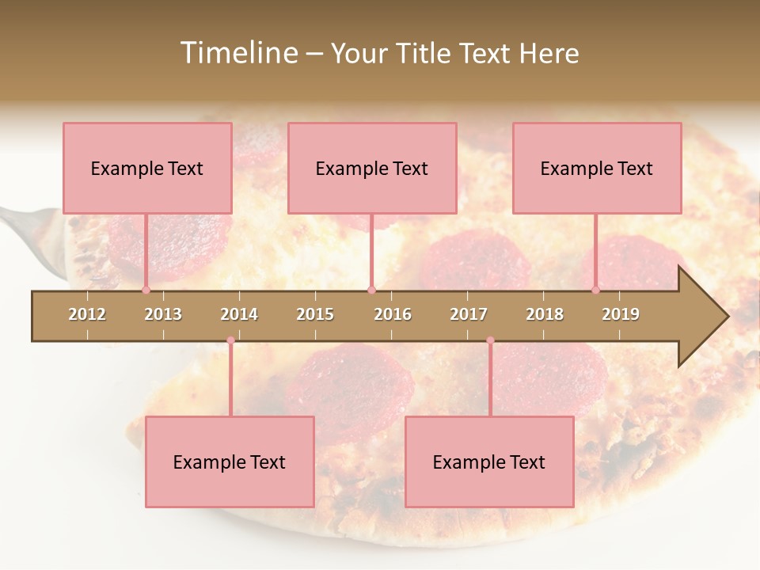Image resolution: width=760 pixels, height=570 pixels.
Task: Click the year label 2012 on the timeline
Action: pyautogui.click(x=87, y=314)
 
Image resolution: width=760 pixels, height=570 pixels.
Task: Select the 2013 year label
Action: pyautogui.click(x=163, y=314)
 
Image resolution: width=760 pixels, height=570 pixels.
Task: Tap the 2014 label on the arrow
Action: pyautogui.click(x=239, y=314)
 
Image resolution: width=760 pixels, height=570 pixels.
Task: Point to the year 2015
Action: pyautogui.click(x=315, y=314)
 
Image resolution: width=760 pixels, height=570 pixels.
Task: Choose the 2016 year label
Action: pyautogui.click(x=393, y=314)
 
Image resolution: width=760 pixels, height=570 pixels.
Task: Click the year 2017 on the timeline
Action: pyautogui.click(x=469, y=314)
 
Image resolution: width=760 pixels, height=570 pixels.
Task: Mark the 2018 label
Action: pyautogui.click(x=545, y=314)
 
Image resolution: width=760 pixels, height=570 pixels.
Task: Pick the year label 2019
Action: pyautogui.click(x=621, y=314)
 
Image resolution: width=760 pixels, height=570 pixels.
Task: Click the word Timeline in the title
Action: pyautogui.click(x=237, y=53)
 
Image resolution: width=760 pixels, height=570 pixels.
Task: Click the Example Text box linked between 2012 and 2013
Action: pyautogui.click(x=147, y=168)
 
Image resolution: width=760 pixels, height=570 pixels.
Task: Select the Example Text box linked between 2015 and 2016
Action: pyautogui.click(x=372, y=168)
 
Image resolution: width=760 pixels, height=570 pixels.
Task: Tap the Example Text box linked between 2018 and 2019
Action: pyautogui.click(x=597, y=168)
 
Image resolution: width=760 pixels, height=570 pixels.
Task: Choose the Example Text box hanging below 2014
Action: pyautogui.click(x=230, y=462)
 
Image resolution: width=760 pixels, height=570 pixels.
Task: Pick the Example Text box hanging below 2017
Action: pyautogui.click(x=489, y=462)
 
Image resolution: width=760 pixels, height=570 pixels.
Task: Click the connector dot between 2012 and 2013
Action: pyautogui.click(x=146, y=290)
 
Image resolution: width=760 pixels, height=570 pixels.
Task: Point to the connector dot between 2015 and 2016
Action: pyautogui.click(x=371, y=290)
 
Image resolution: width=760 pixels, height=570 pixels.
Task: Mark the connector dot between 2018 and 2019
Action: pyautogui.click(x=596, y=290)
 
